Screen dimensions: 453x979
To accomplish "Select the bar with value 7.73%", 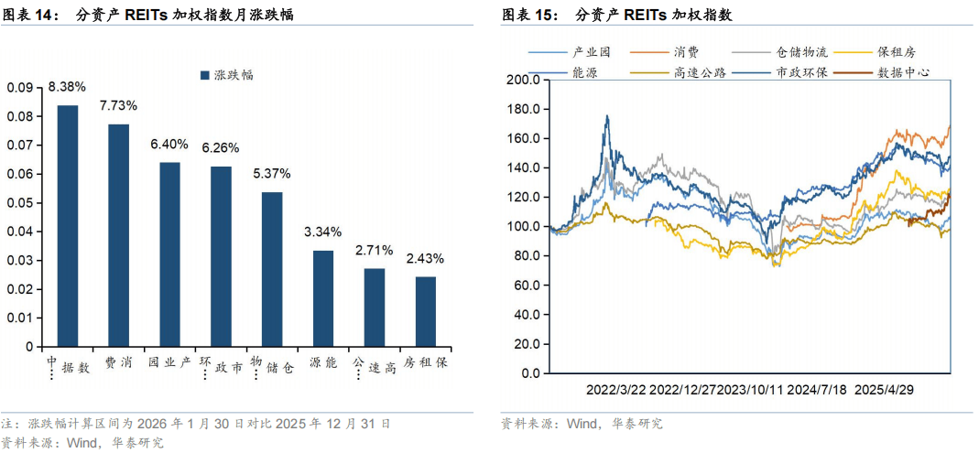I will coord(119,236).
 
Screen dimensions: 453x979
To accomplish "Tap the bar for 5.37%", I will coord(272,270).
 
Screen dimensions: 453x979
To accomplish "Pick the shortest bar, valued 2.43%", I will coord(426,312).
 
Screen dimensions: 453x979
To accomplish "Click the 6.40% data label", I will coord(169,145).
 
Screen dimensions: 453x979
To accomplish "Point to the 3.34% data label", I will coord(323,232).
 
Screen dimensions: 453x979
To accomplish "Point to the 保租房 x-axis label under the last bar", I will coord(426,363).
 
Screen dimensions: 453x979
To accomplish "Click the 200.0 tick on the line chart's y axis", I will coord(525,80).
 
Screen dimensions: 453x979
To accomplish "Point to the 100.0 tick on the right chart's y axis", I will coord(525,227).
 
